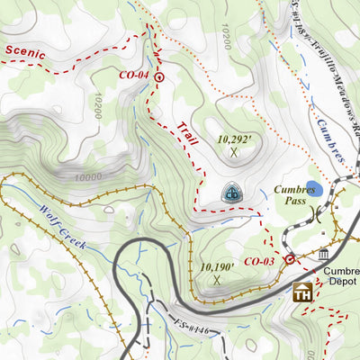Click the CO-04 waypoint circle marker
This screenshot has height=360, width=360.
click(159, 78)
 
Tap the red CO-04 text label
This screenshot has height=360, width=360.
click(133, 75)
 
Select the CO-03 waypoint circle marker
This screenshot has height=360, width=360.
click(289, 259)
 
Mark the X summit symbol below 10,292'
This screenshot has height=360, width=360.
click(234, 152)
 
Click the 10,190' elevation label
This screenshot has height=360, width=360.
click(217, 266)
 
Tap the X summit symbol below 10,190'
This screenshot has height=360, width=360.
click(217, 280)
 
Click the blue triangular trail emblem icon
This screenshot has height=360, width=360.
click(232, 193)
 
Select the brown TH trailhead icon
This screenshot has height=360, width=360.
click(302, 292)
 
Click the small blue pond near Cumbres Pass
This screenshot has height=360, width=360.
click(312, 189)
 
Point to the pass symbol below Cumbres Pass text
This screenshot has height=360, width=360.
click(318, 216)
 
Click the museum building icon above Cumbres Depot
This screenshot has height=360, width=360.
click(322, 257)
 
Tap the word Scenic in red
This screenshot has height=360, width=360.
click(24, 51)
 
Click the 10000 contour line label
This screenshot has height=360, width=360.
click(88, 177)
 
